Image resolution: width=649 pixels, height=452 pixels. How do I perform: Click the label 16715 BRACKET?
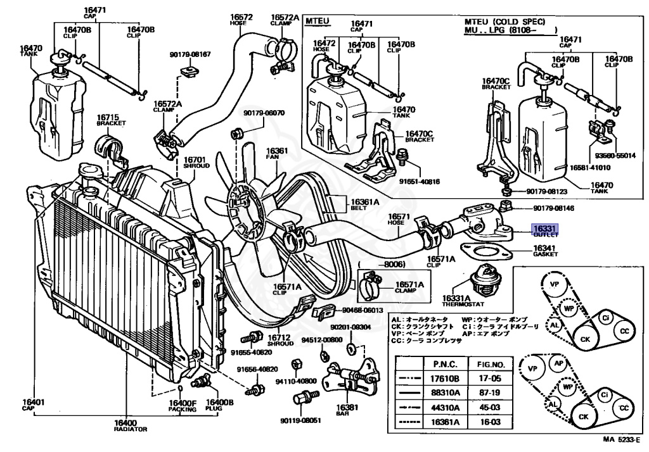[108, 120]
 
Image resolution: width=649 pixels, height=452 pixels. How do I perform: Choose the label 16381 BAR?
[345, 411]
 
